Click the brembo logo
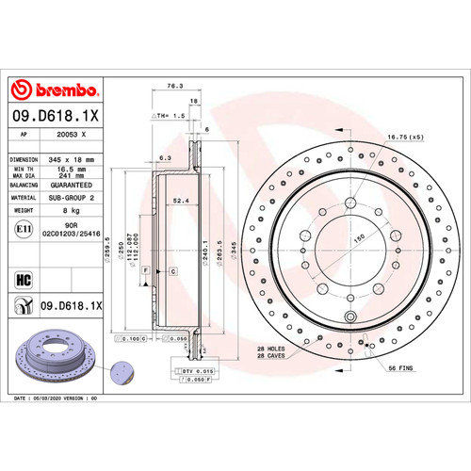tap(54, 90)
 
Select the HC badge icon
tap(24, 279)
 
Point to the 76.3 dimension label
tap(174, 85)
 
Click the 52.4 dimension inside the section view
tap(179, 200)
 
